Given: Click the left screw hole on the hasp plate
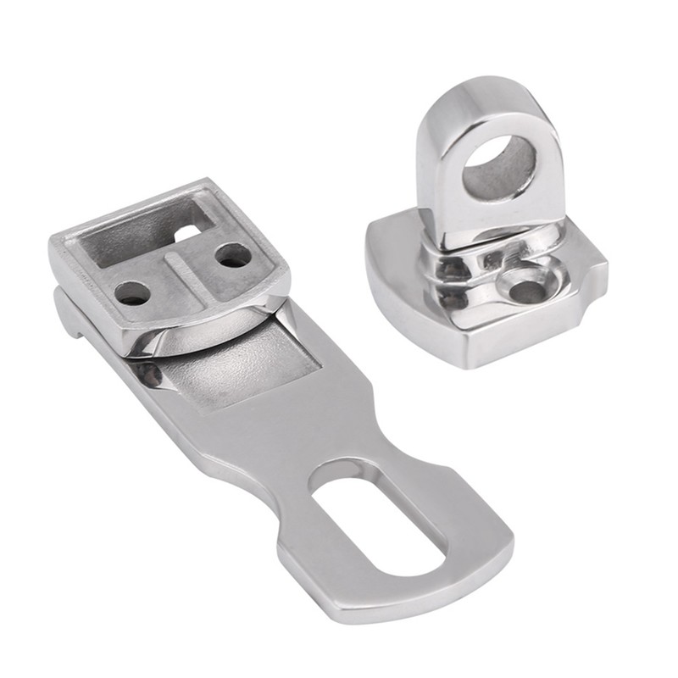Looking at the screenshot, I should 134,294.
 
